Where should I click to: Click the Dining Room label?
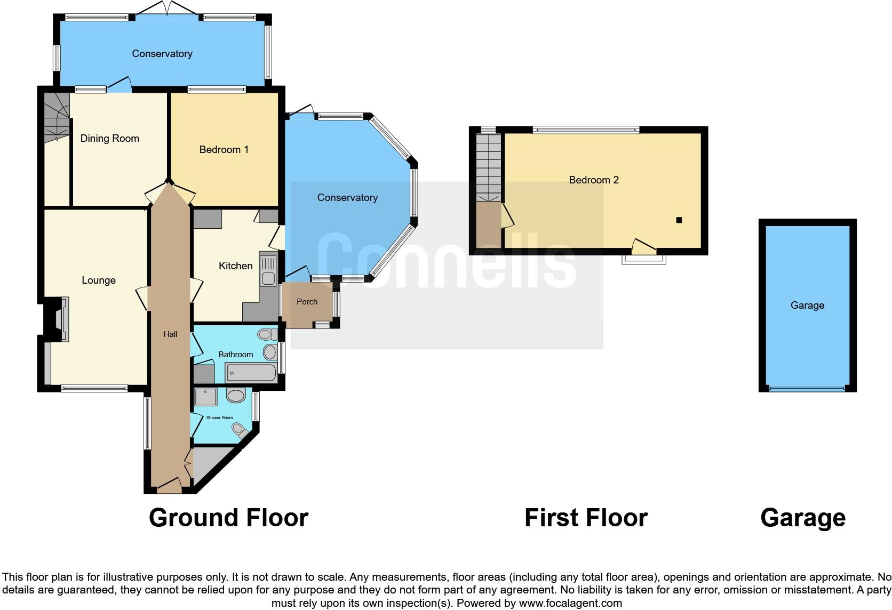click(x=109, y=139)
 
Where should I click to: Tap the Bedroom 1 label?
click(x=224, y=150)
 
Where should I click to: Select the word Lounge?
click(x=98, y=280)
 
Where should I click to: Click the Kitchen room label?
click(x=235, y=266)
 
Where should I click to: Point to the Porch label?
click(x=307, y=302)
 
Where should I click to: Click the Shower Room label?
click(x=219, y=418)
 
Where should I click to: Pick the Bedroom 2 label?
click(x=593, y=180)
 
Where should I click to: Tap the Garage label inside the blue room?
click(x=807, y=306)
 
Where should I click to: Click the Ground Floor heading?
click(x=228, y=518)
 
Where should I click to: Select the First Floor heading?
click(x=586, y=518)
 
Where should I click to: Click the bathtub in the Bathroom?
click(x=251, y=373)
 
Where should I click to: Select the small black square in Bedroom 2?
click(x=679, y=220)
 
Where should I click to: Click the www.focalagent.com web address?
click(x=570, y=603)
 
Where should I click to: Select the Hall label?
click(x=170, y=334)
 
